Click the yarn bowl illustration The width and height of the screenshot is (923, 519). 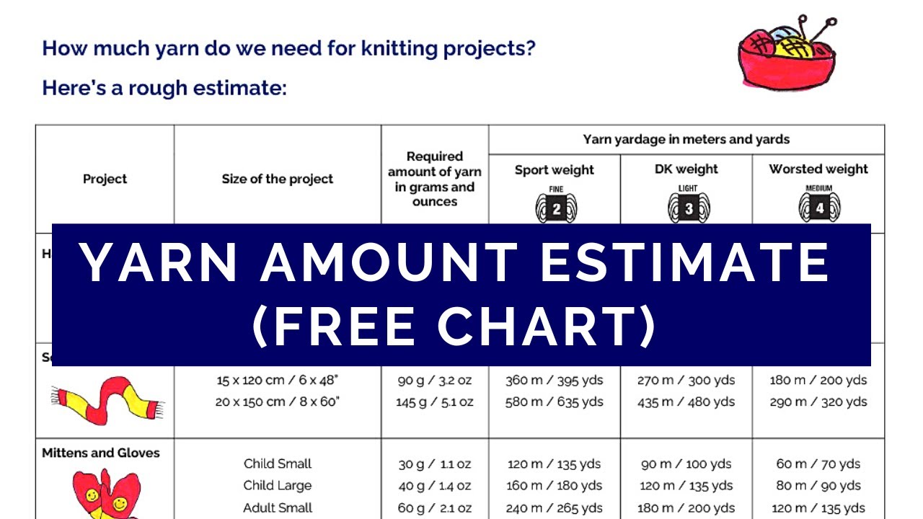[x=787, y=53]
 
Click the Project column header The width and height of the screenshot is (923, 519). [x=105, y=179]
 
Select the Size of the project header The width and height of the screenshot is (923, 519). [x=278, y=179]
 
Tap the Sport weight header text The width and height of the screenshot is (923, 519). [x=554, y=170]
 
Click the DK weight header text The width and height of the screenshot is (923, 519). [x=686, y=169]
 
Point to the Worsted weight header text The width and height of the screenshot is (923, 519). [x=818, y=169]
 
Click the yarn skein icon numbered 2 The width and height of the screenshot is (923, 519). [x=555, y=207]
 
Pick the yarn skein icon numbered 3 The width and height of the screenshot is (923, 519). [x=687, y=207]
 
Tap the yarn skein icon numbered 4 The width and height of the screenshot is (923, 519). [x=818, y=207]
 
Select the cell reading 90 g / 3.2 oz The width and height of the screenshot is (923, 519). [x=435, y=380]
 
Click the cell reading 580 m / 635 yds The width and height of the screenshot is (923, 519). [x=554, y=402]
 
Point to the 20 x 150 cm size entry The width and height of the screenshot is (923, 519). [x=277, y=402]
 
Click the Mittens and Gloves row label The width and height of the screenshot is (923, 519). [x=101, y=453]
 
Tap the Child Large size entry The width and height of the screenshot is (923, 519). [x=278, y=485]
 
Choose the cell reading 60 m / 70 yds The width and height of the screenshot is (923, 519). [x=818, y=463]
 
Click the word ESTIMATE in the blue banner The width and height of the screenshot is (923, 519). [x=685, y=262]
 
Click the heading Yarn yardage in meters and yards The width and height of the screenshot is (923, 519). [x=686, y=139]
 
